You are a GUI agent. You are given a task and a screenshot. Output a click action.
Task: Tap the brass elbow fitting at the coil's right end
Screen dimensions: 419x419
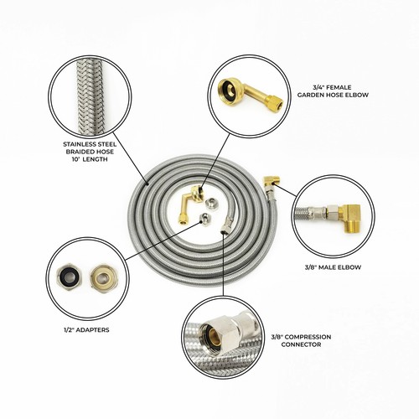click(270, 183)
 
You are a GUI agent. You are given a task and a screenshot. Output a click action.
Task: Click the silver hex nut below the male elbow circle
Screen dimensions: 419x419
click(226, 226)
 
